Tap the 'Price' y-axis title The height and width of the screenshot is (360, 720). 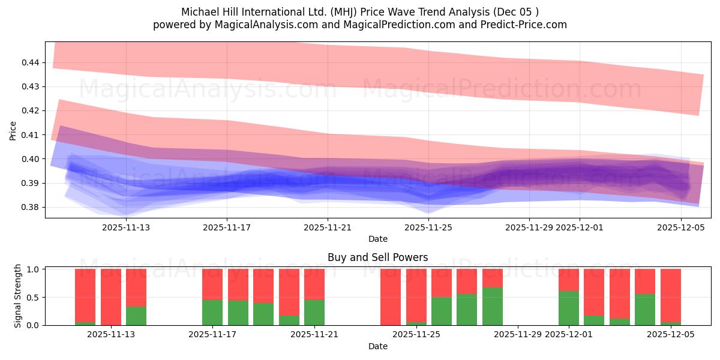[x=13, y=130]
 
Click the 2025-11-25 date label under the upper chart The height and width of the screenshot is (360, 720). [x=428, y=227]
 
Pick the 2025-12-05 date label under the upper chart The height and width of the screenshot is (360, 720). [x=680, y=227]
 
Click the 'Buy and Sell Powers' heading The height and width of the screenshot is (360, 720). [x=377, y=257]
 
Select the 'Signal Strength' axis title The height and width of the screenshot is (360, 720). [x=18, y=296]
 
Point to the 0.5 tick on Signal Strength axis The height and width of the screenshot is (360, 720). [x=34, y=298]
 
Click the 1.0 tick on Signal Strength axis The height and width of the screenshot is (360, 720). [x=34, y=269]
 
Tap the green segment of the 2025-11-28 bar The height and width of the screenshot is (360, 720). [x=493, y=306]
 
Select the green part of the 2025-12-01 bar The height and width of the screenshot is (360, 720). [x=569, y=308]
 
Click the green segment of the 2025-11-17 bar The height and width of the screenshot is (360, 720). [x=212, y=313]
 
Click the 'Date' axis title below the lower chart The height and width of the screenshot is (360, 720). [x=377, y=346]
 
